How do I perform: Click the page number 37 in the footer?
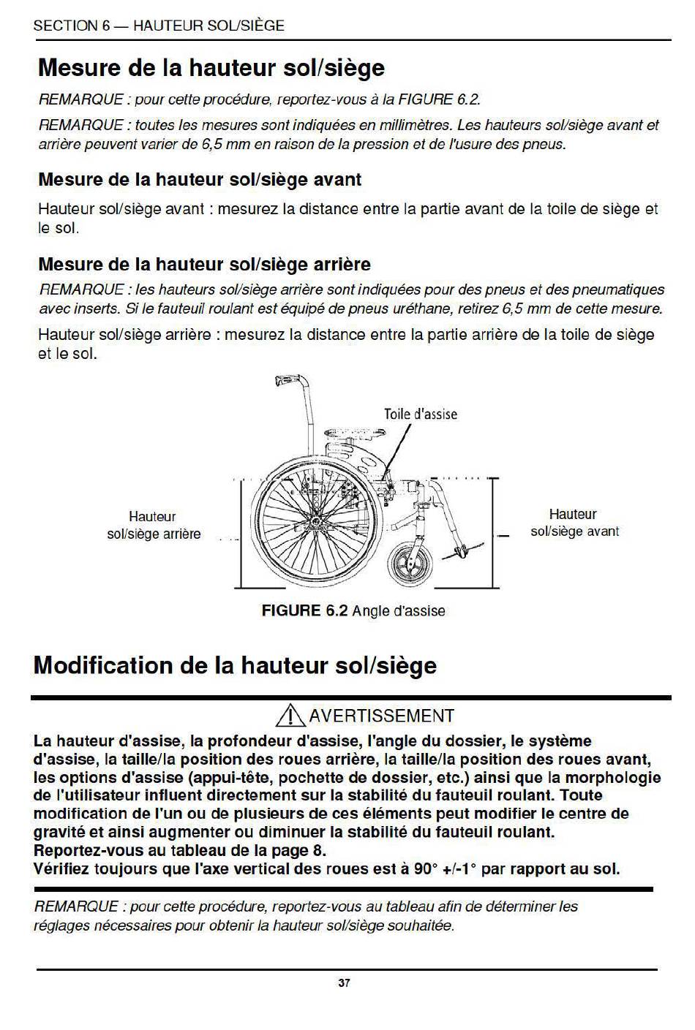344,983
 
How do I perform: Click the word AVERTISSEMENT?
382,716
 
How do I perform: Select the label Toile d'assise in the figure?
421,414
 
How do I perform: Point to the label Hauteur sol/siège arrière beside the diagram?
154,526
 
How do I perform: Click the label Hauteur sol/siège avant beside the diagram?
574,523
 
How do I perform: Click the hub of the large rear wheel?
316,524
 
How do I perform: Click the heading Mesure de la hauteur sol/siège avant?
200,179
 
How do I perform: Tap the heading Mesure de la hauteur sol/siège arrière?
204,264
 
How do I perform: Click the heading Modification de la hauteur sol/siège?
235,665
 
